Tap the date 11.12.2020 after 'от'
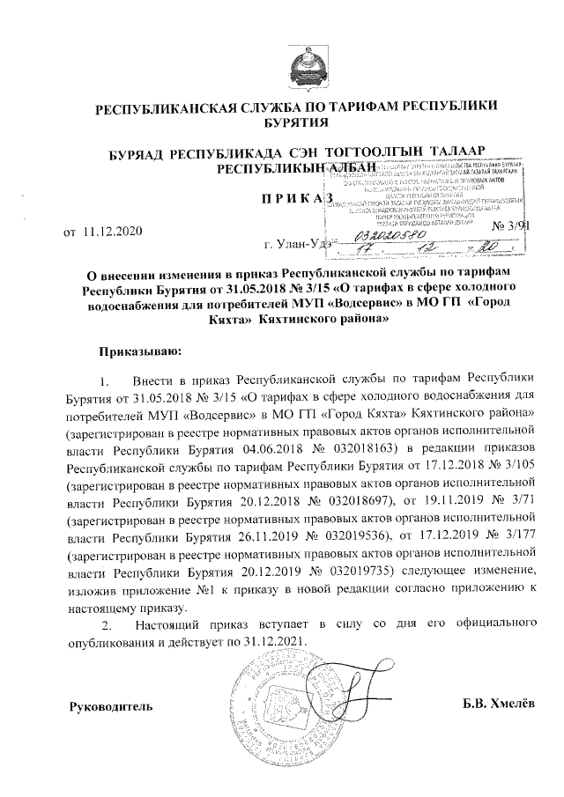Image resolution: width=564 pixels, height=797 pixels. click(x=109, y=232)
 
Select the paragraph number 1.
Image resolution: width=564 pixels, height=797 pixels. click(x=108, y=380)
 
